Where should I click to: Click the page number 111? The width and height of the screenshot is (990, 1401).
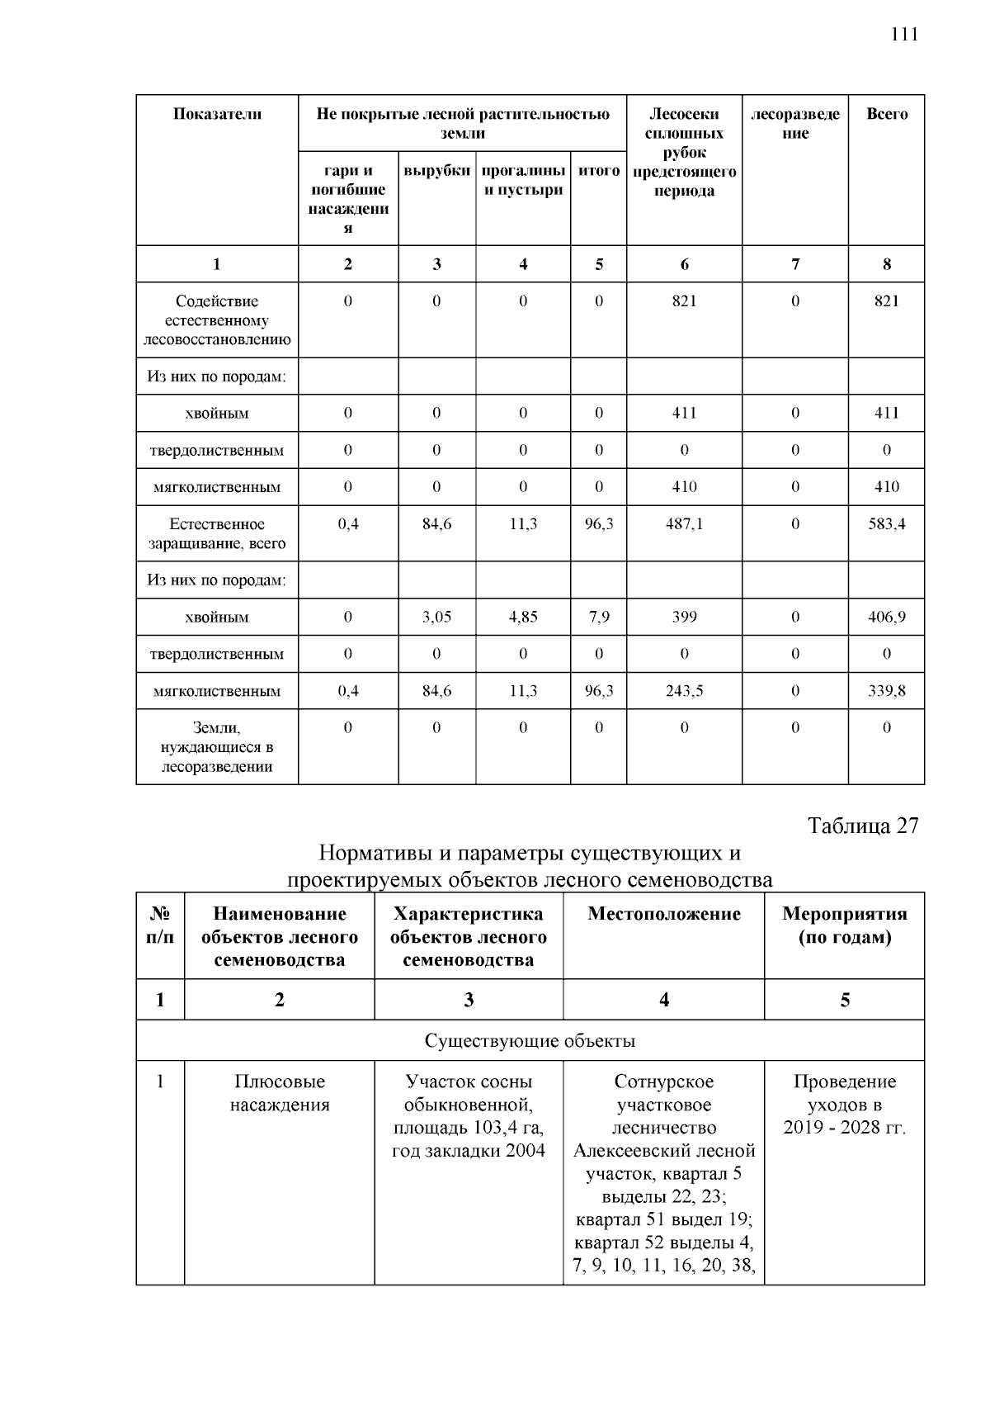click(904, 35)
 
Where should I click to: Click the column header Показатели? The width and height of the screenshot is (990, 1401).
click(217, 115)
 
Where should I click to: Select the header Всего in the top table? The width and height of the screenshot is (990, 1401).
click(887, 115)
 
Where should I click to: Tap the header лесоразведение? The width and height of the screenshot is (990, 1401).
click(795, 124)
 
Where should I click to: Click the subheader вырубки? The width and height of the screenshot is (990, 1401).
click(436, 171)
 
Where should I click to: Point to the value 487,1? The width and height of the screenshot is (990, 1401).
click(684, 524)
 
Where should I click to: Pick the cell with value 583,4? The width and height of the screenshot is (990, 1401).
click(887, 524)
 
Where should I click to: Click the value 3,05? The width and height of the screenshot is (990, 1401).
click(436, 617)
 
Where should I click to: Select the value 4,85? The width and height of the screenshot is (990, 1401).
click(523, 617)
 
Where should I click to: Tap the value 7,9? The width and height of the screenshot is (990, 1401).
click(599, 617)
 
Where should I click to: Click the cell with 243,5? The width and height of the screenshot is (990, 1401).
click(684, 691)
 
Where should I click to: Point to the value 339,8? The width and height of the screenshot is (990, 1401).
click(887, 691)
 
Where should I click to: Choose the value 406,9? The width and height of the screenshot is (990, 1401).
click(887, 617)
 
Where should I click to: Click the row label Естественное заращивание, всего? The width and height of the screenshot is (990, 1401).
click(217, 533)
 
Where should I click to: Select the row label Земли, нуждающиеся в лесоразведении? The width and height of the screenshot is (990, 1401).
click(217, 747)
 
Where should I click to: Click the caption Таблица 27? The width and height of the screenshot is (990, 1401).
click(863, 826)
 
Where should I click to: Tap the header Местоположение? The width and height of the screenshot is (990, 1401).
click(664, 914)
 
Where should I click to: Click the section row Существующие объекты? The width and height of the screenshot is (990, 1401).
click(530, 1040)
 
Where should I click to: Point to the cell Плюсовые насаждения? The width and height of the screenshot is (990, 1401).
click(280, 1093)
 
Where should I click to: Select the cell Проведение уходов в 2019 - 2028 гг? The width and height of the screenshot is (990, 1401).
click(845, 1105)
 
